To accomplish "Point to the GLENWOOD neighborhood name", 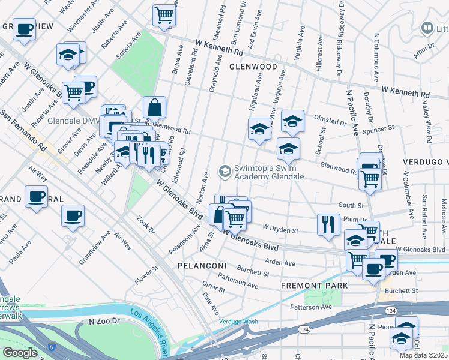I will click(253, 67).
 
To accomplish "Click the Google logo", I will click(20, 353).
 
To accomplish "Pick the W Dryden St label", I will click(280, 229).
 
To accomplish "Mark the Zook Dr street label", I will click(146, 226).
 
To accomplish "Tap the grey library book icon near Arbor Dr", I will click(427, 28).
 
